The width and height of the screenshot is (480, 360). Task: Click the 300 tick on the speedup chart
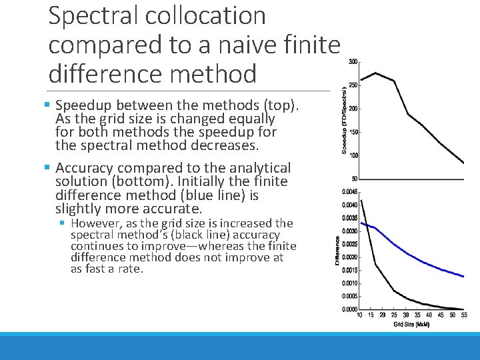(x=353, y=62)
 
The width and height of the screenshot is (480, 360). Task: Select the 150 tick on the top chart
(x=353, y=132)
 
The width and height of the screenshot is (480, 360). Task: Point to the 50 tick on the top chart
(x=354, y=179)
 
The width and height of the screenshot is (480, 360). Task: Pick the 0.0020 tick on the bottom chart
(x=349, y=257)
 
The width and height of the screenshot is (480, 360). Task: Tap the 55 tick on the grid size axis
(x=463, y=315)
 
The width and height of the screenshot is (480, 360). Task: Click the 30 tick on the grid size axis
(x=407, y=315)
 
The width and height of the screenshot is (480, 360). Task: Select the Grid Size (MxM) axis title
(x=411, y=325)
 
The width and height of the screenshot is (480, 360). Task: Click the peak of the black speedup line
(x=377, y=73)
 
